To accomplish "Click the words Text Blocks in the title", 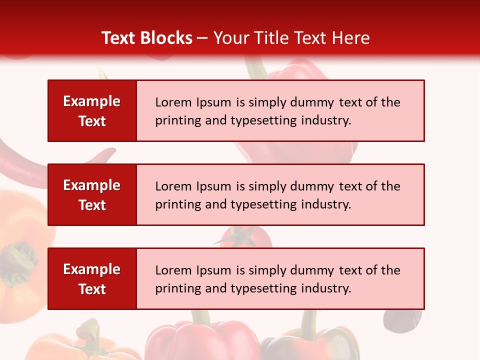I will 147,38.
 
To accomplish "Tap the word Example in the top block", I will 92,101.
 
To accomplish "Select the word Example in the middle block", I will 92,185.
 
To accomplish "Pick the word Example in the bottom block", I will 92,269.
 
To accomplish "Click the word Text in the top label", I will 92,121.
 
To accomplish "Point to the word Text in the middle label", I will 92,205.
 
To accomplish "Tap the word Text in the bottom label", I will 92,289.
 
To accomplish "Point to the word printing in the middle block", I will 173,204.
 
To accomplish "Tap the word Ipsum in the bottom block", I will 213,270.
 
